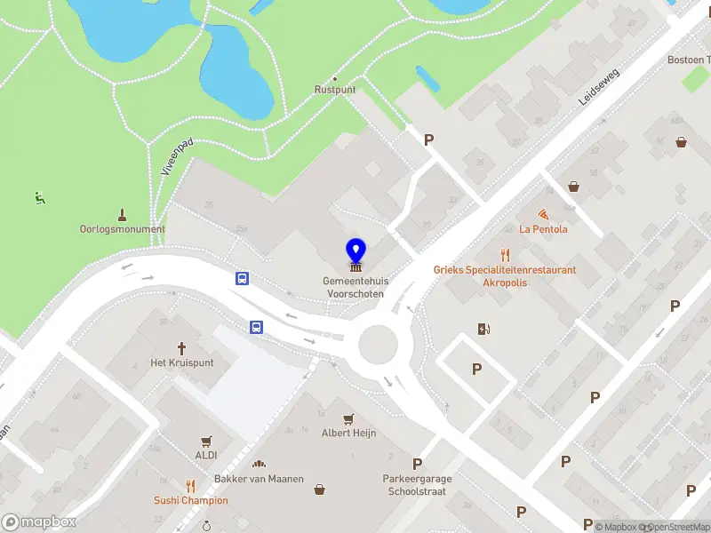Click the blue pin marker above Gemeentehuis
pyautogui.click(x=355, y=252)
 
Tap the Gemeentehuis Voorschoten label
pyautogui.click(x=355, y=287)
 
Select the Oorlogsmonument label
pyautogui.click(x=123, y=228)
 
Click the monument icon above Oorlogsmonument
pyautogui.click(x=123, y=214)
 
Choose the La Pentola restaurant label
pyautogui.click(x=543, y=228)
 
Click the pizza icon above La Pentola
pyautogui.click(x=543, y=214)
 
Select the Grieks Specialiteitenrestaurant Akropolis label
pyautogui.click(x=505, y=276)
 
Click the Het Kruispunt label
pyautogui.click(x=182, y=362)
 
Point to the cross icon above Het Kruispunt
pyautogui.click(x=182, y=348)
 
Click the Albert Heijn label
pyautogui.click(x=348, y=433)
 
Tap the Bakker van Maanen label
pyautogui.click(x=260, y=479)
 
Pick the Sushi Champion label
pyautogui.click(x=190, y=500)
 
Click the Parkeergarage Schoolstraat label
pyautogui.click(x=417, y=484)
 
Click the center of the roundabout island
pyautogui.click(x=377, y=345)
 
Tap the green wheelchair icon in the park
pyautogui.click(x=38, y=197)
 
